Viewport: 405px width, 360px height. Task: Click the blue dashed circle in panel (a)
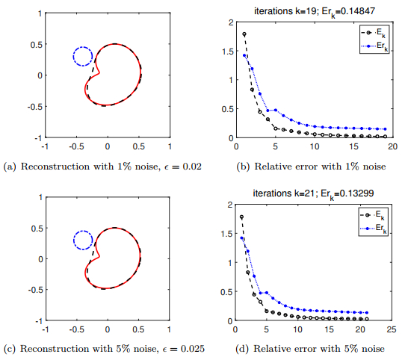[x=83, y=56]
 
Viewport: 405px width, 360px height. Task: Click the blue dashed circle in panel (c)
[x=83, y=240]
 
